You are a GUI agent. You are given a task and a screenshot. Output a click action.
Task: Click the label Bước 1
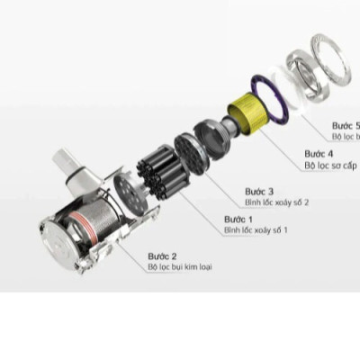[238, 220]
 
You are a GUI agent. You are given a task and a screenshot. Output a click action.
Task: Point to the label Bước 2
[162, 256]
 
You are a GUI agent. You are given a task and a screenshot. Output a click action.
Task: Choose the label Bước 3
[259, 192]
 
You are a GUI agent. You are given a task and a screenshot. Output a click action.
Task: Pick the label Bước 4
[319, 154]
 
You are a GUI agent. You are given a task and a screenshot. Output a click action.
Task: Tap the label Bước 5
[346, 125]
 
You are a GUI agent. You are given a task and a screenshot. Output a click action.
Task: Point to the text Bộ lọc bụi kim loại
[186, 266]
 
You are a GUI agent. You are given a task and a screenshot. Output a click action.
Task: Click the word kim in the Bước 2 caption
[200, 266]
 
